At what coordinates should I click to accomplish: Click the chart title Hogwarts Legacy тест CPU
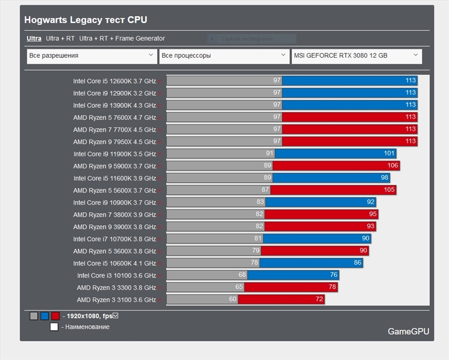pos(85,20)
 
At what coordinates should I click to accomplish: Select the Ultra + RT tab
pos(60,39)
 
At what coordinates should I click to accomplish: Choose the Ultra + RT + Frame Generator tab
pos(122,39)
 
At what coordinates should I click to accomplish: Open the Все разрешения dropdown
pos(91,56)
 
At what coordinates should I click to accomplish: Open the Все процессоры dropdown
pos(223,56)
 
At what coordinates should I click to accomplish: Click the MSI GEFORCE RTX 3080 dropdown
pos(356,56)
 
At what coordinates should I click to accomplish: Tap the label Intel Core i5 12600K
pos(114,81)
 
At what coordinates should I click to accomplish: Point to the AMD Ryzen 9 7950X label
pos(114,142)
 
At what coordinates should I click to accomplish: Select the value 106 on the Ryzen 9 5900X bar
pos(392,166)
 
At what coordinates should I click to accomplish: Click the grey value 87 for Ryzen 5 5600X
pos(265,190)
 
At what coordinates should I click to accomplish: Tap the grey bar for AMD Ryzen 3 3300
pos(205,288)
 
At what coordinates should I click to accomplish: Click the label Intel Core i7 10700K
pos(114,239)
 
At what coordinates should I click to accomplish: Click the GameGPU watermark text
pos(408,331)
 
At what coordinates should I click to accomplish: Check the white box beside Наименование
pos(54,327)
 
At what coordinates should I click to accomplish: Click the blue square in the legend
pos(44,316)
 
